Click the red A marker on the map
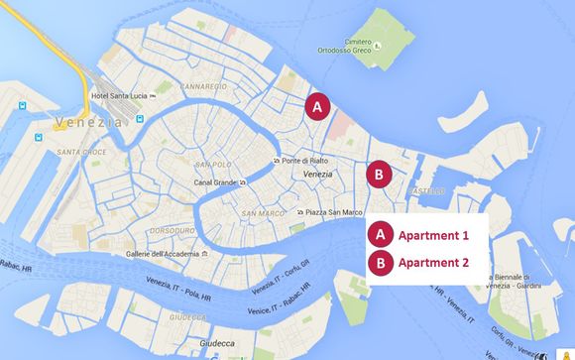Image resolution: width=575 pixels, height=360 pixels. [317, 105]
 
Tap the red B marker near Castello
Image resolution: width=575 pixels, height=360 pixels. [379, 174]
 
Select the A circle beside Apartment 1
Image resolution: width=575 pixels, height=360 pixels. [379, 235]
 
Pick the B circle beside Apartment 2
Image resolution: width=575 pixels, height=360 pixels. [379, 263]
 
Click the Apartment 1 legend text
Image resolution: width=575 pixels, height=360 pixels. [433, 236]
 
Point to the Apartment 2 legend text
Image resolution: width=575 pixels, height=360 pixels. [433, 264]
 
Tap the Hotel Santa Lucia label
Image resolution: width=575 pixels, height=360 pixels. [124, 95]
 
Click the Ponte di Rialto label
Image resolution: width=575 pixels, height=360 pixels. [304, 160]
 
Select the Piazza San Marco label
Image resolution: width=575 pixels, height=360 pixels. [330, 212]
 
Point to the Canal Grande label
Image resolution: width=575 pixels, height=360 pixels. [215, 182]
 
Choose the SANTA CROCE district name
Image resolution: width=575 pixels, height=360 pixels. [81, 152]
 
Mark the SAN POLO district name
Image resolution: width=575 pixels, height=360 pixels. [212, 164]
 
